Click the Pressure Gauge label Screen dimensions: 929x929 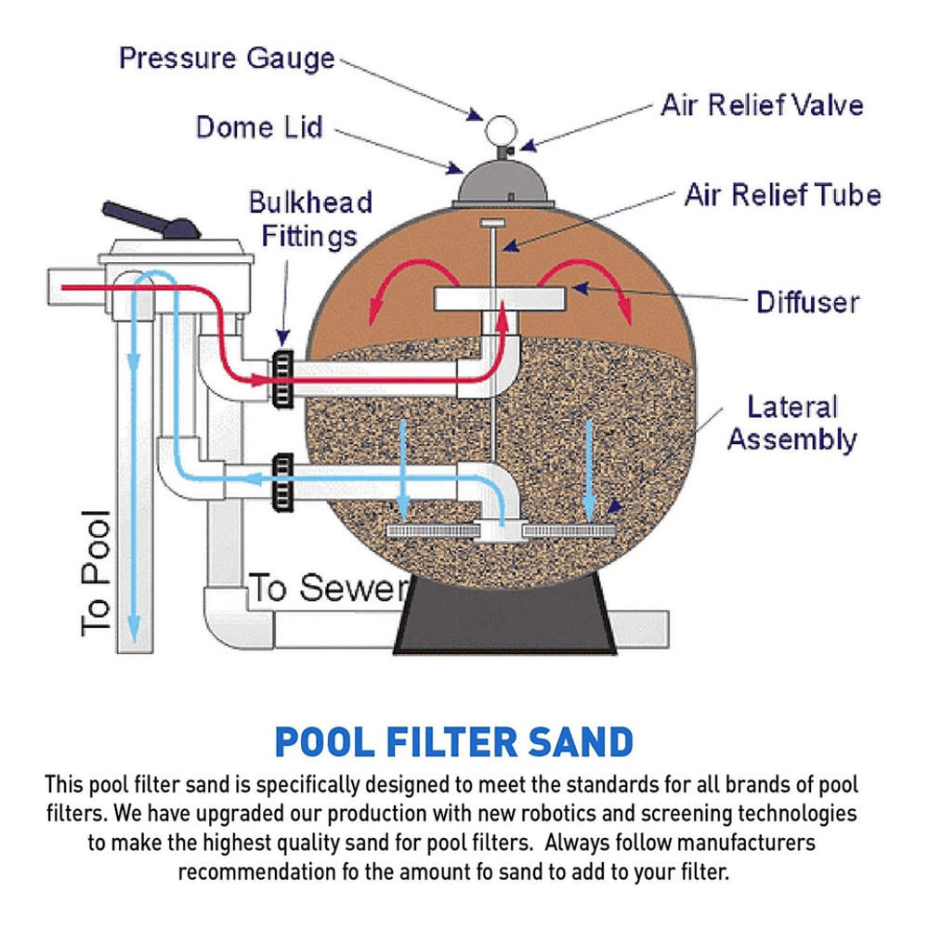[228, 58]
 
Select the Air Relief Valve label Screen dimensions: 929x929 [762, 105]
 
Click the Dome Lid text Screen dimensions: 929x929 [259, 127]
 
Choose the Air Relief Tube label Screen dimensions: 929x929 [782, 195]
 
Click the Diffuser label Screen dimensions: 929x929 [807, 302]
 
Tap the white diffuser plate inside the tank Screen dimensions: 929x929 [502, 299]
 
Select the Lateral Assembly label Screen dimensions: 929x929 [792, 422]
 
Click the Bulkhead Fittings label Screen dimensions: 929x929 [309, 218]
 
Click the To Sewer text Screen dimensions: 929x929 [328, 589]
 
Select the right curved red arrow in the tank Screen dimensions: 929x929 [595, 283]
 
